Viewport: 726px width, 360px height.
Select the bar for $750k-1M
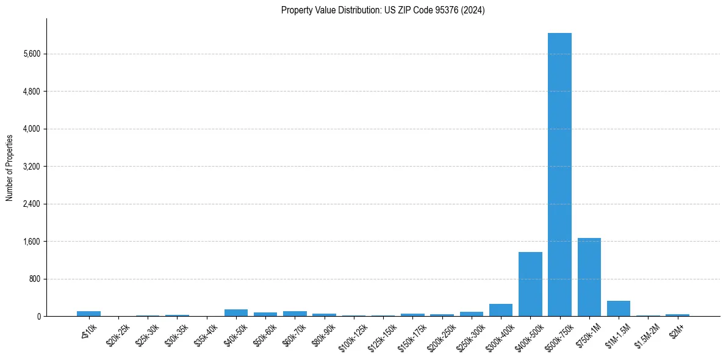pyautogui.click(x=589, y=277)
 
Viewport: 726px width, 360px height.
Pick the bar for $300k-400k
pyautogui.click(x=501, y=310)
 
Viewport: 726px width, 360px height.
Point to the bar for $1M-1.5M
pyautogui.click(x=618, y=309)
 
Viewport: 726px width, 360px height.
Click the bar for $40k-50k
pyautogui.click(x=236, y=313)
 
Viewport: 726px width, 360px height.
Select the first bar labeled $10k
pyautogui.click(x=88, y=314)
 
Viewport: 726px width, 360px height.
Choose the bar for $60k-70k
pyautogui.click(x=295, y=314)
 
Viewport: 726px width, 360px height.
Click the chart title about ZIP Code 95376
pyautogui.click(x=383, y=10)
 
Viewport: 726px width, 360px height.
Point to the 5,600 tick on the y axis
pyautogui.click(x=31, y=54)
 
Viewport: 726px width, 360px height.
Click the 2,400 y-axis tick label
pyautogui.click(x=31, y=204)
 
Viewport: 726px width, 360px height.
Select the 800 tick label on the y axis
pyautogui.click(x=34, y=279)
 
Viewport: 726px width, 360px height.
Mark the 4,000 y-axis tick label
pyautogui.click(x=31, y=129)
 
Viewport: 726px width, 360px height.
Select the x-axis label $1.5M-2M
pyautogui.click(x=647, y=333)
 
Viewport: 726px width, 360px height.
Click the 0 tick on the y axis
pyautogui.click(x=38, y=316)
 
